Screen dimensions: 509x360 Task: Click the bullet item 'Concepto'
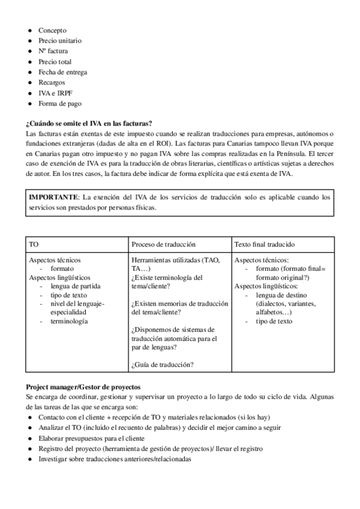pyautogui.click(x=52, y=30)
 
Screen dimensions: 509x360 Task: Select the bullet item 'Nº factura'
pyautogui.click(x=53, y=51)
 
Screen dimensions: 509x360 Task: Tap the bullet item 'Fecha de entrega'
pyautogui.click(x=62, y=72)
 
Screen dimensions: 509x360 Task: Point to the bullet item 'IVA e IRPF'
pyautogui.click(x=55, y=93)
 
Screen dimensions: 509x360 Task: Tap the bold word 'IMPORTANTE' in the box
pyautogui.click(x=54, y=197)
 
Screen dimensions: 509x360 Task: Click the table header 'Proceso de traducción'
pyautogui.click(x=163, y=245)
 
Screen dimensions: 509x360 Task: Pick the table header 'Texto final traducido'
pyautogui.click(x=264, y=245)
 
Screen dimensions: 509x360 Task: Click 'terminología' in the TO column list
pyautogui.click(x=69, y=321)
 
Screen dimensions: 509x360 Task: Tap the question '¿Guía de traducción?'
pyautogui.click(x=162, y=364)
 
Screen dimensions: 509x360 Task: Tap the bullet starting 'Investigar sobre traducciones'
pyautogui.click(x=114, y=459)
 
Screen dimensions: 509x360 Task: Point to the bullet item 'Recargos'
pyautogui.click(x=52, y=82)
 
